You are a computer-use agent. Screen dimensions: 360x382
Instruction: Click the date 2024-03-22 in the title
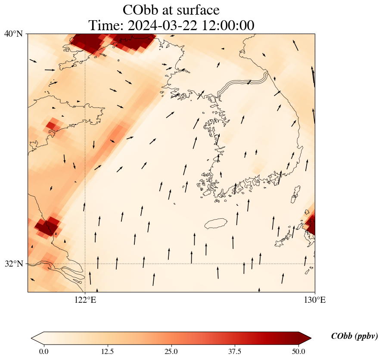tap(163, 25)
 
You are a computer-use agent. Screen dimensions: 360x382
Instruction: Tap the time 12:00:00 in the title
tap(226, 25)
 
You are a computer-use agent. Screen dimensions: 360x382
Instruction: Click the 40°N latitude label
tap(13, 34)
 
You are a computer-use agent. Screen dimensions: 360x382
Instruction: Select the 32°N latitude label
tap(13, 264)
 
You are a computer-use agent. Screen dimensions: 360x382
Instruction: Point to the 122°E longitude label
tap(85, 300)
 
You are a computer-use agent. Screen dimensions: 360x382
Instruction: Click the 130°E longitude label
tap(315, 300)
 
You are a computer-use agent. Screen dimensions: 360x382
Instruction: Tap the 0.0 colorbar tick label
tap(43, 351)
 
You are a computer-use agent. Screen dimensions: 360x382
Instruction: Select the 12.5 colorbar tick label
tap(107, 351)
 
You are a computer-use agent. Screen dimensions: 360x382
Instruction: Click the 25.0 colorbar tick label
tap(171, 351)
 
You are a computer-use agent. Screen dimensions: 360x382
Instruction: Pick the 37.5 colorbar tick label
tap(235, 351)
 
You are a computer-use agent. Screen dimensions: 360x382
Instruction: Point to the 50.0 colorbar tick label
tap(298, 351)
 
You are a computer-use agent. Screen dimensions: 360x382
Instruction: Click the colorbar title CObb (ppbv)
tap(354, 336)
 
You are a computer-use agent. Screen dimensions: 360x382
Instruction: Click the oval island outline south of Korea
tap(217, 223)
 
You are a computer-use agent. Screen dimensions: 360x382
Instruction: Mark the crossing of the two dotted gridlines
tap(85, 264)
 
